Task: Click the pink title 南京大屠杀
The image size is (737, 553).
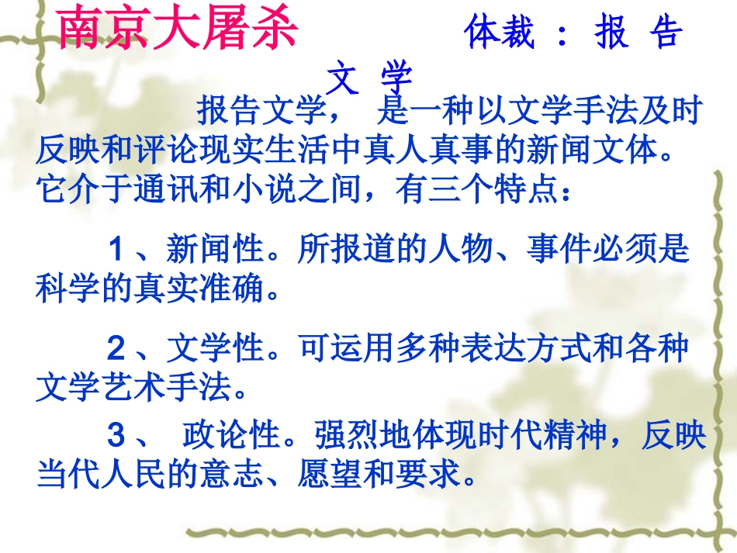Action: tap(178, 29)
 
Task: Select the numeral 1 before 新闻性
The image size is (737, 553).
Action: tap(116, 250)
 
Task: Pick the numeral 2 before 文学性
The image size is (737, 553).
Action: tap(116, 350)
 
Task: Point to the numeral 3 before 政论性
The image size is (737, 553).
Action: tap(116, 437)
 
